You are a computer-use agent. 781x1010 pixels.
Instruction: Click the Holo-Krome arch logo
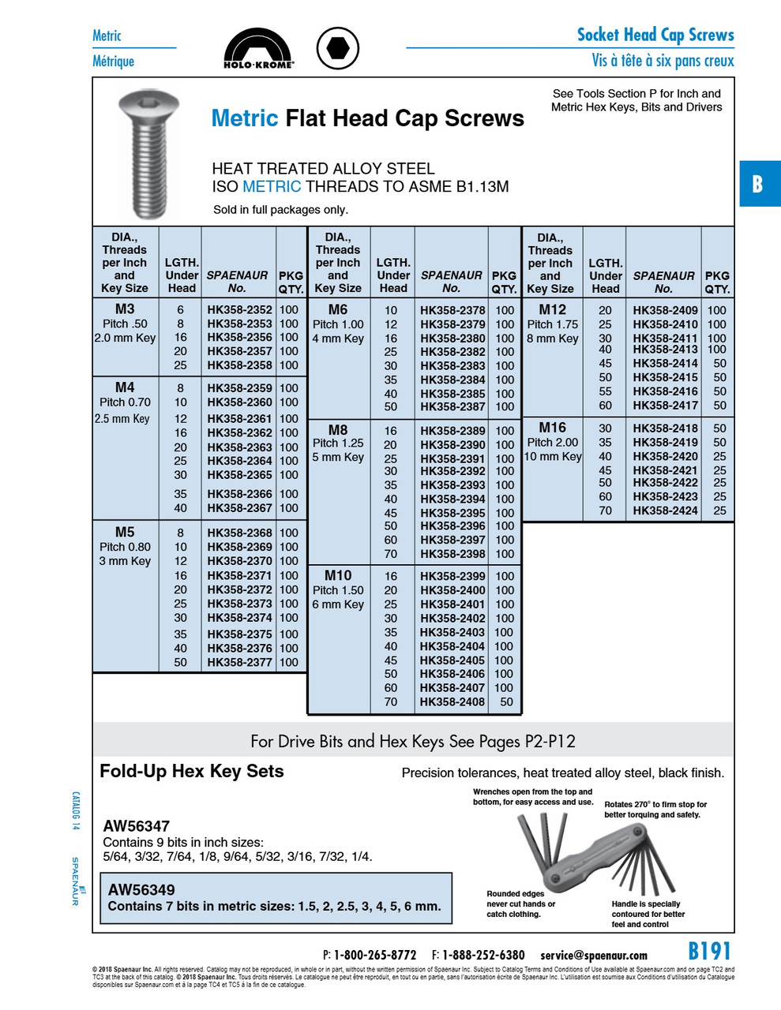tap(258, 48)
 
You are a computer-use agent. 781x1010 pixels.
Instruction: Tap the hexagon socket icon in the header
tap(338, 47)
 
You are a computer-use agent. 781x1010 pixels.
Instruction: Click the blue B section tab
tap(759, 184)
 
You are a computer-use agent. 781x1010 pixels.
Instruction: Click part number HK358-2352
tap(239, 310)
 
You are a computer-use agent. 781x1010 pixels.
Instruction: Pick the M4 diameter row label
tap(125, 387)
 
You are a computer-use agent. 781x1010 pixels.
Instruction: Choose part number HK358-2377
tap(239, 662)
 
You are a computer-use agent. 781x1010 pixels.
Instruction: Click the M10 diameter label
tap(338, 575)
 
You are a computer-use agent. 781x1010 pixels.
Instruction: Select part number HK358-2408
tap(452, 701)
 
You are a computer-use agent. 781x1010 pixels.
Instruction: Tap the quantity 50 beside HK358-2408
tap(505, 701)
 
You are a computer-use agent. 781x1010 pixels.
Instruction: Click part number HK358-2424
tap(665, 511)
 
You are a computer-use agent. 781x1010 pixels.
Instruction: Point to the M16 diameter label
tap(552, 427)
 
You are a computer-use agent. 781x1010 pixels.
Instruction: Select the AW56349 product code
tap(141, 889)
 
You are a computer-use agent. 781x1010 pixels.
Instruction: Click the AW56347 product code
tap(136, 826)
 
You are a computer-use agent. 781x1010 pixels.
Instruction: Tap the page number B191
tap(709, 951)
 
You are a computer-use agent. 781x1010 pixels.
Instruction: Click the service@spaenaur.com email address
tap(593, 956)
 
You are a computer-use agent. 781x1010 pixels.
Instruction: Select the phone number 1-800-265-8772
tap(374, 956)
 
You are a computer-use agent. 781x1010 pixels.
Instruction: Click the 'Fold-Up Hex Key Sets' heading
tap(191, 772)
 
